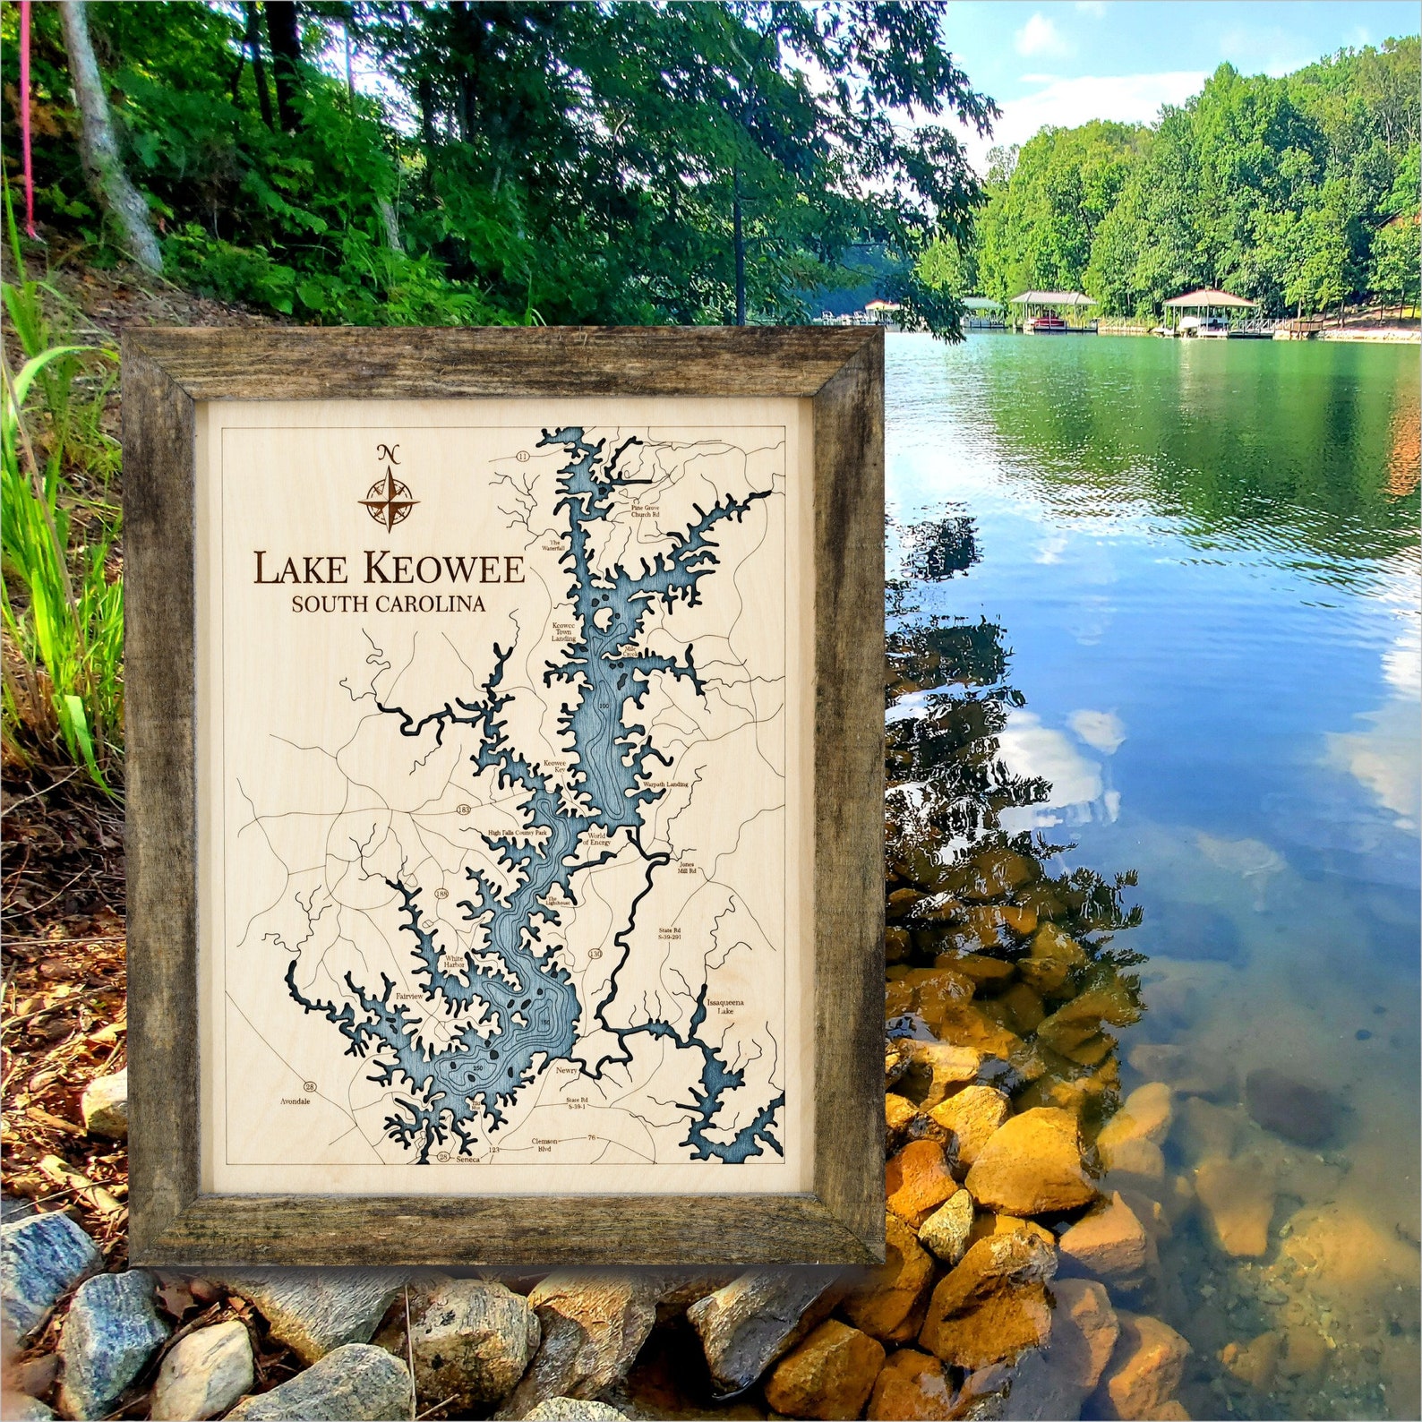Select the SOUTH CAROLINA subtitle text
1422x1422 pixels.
(x=388, y=604)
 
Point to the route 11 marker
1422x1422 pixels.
(x=524, y=458)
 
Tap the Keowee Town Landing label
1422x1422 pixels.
(x=563, y=632)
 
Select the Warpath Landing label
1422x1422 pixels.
(x=665, y=784)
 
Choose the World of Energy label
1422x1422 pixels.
(x=596, y=839)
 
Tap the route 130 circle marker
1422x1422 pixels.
(x=595, y=955)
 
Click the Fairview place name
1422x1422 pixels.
(x=407, y=996)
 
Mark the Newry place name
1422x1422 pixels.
(x=567, y=1071)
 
